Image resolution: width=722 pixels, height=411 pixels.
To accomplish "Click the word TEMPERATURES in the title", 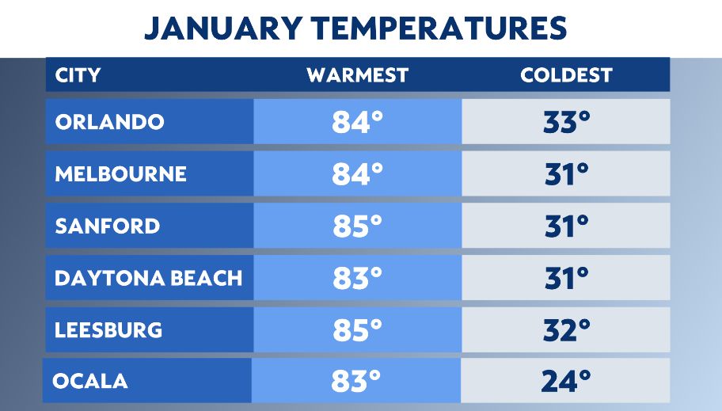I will (440, 29).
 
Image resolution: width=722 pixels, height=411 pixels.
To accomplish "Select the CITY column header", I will (78, 75).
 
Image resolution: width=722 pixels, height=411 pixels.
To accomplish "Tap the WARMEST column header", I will (357, 75).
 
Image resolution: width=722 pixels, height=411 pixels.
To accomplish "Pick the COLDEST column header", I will (566, 75).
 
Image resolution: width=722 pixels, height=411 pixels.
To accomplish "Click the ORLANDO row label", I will (110, 122).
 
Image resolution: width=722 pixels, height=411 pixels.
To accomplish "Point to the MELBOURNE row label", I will (120, 174).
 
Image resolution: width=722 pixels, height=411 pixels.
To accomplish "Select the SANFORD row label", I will (108, 226).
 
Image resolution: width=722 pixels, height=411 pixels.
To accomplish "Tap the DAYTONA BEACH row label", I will (148, 278).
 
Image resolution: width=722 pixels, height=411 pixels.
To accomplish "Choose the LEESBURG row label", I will (108, 329).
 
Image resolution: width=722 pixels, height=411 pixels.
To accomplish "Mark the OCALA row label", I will (90, 381).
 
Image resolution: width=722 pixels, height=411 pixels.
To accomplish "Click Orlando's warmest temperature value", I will (357, 122).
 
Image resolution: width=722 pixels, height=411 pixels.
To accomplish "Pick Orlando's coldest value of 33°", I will (567, 122).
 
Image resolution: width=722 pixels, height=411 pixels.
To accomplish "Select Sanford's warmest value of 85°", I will (357, 226).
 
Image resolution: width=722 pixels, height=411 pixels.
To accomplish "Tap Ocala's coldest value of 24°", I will (567, 381).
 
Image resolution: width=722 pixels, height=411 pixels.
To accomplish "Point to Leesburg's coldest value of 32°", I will (567, 329).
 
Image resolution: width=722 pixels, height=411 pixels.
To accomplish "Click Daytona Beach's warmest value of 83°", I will (357, 278).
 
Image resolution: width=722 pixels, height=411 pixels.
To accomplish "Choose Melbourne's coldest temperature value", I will (567, 174).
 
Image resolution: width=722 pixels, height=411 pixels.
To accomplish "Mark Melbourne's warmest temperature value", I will (357, 174).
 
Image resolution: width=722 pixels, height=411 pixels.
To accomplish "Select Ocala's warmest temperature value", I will (357, 381).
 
